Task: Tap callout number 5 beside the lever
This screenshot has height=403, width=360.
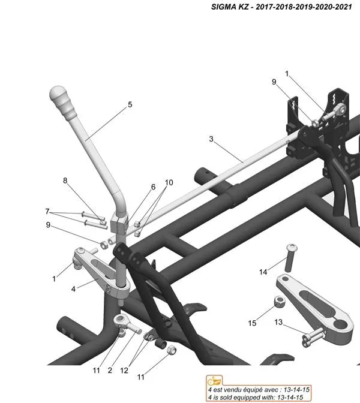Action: click(x=130, y=104)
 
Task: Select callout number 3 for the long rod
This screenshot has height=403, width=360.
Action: click(x=211, y=139)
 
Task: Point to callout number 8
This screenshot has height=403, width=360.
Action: click(x=65, y=181)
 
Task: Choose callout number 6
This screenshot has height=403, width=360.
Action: click(x=153, y=187)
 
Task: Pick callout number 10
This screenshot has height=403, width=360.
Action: click(x=169, y=182)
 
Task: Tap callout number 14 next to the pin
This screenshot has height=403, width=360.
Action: click(x=263, y=272)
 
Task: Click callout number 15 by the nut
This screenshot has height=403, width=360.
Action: click(x=253, y=323)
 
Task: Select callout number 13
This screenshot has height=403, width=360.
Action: click(x=278, y=322)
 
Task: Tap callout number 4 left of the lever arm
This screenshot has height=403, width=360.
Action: click(x=73, y=288)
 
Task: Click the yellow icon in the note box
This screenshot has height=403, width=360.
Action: click(x=212, y=381)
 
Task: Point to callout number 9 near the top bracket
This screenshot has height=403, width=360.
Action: click(x=274, y=82)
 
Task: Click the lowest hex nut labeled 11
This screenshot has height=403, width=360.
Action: click(x=171, y=350)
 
